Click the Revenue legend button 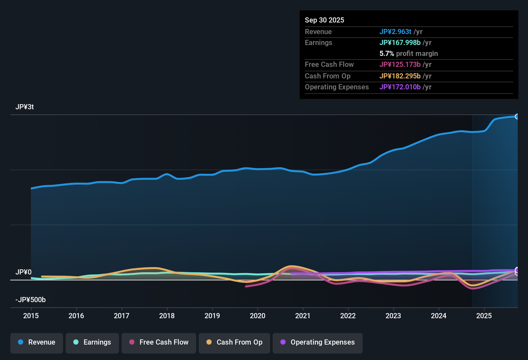point(37,342)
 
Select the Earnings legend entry point(92,342)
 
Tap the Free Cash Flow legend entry point(159,342)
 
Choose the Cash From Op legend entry point(234,342)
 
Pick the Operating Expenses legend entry point(318,342)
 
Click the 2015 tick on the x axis point(31,316)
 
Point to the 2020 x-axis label point(258,316)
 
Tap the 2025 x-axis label point(484,316)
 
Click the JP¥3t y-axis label point(25,107)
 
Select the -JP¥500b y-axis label point(31,300)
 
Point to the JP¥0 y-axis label point(23,272)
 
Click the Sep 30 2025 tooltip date point(324,20)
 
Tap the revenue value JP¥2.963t point(395,32)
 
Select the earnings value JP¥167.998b point(400,42)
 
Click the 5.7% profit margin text point(408,53)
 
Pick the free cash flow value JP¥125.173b point(400,64)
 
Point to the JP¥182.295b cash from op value point(400,76)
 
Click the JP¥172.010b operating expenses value point(400,87)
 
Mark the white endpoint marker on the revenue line point(517,116)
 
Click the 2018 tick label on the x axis point(167,316)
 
